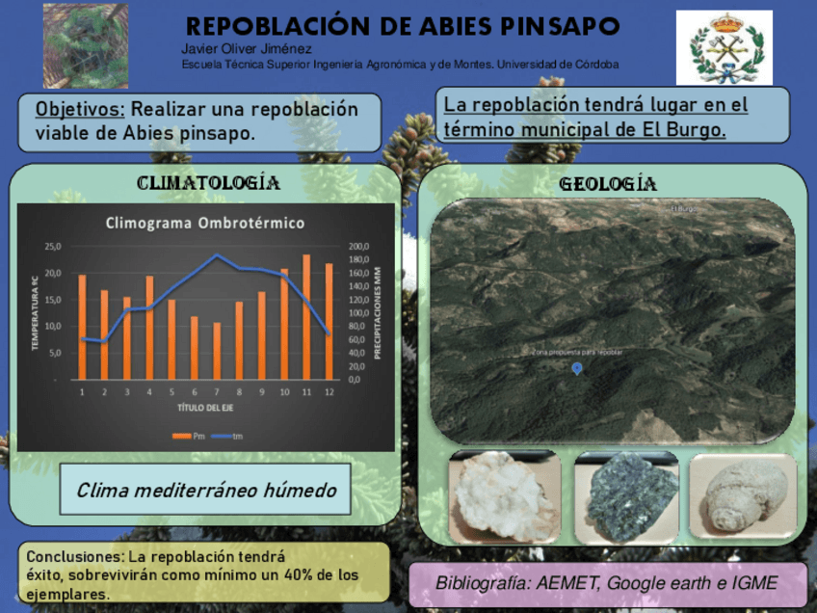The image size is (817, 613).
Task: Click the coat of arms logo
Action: (724, 47)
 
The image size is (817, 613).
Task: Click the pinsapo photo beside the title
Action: (86, 45)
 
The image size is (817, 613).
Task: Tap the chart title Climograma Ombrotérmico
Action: (204, 224)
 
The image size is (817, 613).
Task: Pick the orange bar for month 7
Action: (217, 351)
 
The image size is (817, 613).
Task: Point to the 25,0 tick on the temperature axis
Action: (52, 247)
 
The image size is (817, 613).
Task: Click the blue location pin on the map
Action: (577, 368)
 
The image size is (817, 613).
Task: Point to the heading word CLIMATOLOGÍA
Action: (208, 183)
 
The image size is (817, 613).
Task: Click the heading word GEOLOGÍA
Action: (608, 184)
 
